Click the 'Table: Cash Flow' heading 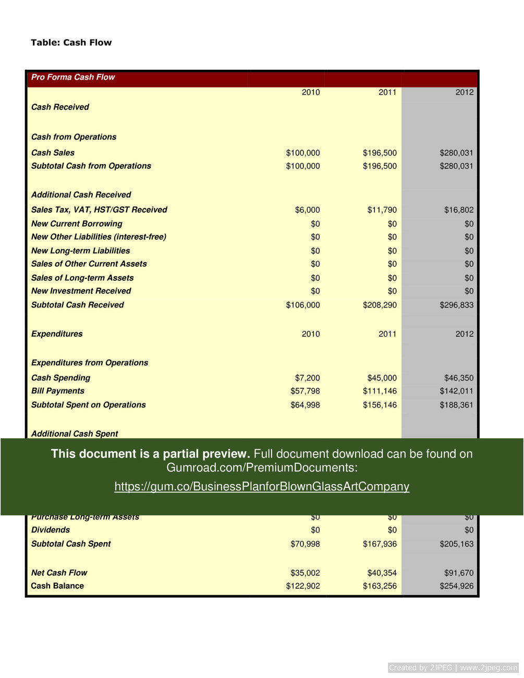pos(71,43)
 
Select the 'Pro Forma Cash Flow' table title pos(73,77)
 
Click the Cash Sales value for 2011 pos(380,153)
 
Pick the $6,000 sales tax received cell pos(308,210)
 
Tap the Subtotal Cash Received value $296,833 pos(456,305)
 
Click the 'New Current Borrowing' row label pos(77,224)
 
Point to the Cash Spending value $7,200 pos(308,378)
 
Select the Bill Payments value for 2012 pos(456,391)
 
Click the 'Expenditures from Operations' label pos(90,363)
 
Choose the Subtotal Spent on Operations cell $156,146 pos(380,405)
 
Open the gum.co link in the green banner pos(262,486)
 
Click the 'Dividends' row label pos(51,530)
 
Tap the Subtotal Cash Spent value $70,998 pos(305,544)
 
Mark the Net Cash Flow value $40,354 pos(382,573)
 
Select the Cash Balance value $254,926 pos(456,586)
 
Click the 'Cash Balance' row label pos(57,586)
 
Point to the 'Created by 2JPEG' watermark pos(453,668)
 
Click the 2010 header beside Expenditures pos(311,334)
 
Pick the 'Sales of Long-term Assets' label pos(82,278)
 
